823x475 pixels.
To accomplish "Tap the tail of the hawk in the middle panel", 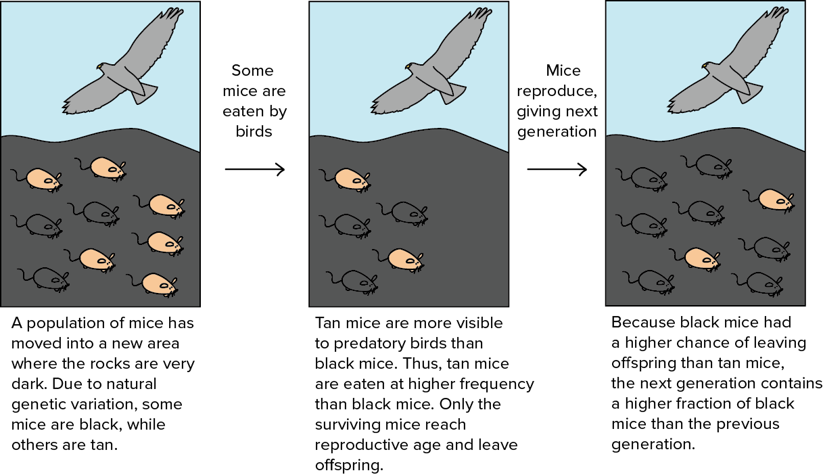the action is tap(452, 93).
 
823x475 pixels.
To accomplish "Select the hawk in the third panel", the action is tap(728, 60).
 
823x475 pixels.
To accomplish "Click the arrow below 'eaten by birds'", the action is tap(255, 169).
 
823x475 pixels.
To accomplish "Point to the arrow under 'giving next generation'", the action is tap(557, 169).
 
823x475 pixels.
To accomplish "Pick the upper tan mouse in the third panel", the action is tap(769, 200).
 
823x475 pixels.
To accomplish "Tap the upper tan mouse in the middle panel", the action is tap(345, 180).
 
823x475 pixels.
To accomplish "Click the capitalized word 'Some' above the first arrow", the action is tap(253, 70).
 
